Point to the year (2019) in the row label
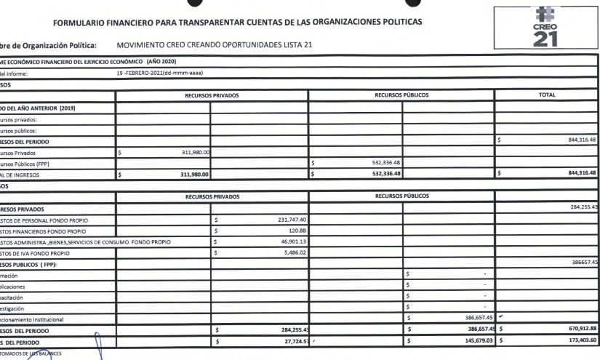(66, 108)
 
